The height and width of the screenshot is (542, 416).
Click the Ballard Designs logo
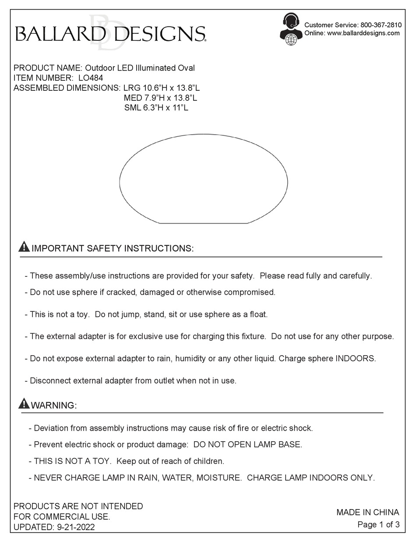[110, 33]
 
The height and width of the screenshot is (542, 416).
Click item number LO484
[90, 78]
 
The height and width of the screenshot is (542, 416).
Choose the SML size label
[132, 107]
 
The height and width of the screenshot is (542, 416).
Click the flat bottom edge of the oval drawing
[204, 223]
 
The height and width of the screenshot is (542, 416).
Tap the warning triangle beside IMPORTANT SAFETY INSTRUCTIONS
[24, 247]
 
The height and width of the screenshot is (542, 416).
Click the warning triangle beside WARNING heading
[24, 403]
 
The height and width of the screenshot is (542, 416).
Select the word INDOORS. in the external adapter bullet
[355, 358]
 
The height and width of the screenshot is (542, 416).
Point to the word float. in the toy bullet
[258, 314]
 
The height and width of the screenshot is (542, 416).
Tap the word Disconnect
[48, 381]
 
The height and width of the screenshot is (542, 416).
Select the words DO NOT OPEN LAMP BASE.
[247, 444]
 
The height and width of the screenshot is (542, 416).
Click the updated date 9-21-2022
[76, 527]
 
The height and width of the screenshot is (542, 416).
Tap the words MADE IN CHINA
[367, 512]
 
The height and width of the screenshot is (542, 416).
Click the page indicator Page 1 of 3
[378, 524]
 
